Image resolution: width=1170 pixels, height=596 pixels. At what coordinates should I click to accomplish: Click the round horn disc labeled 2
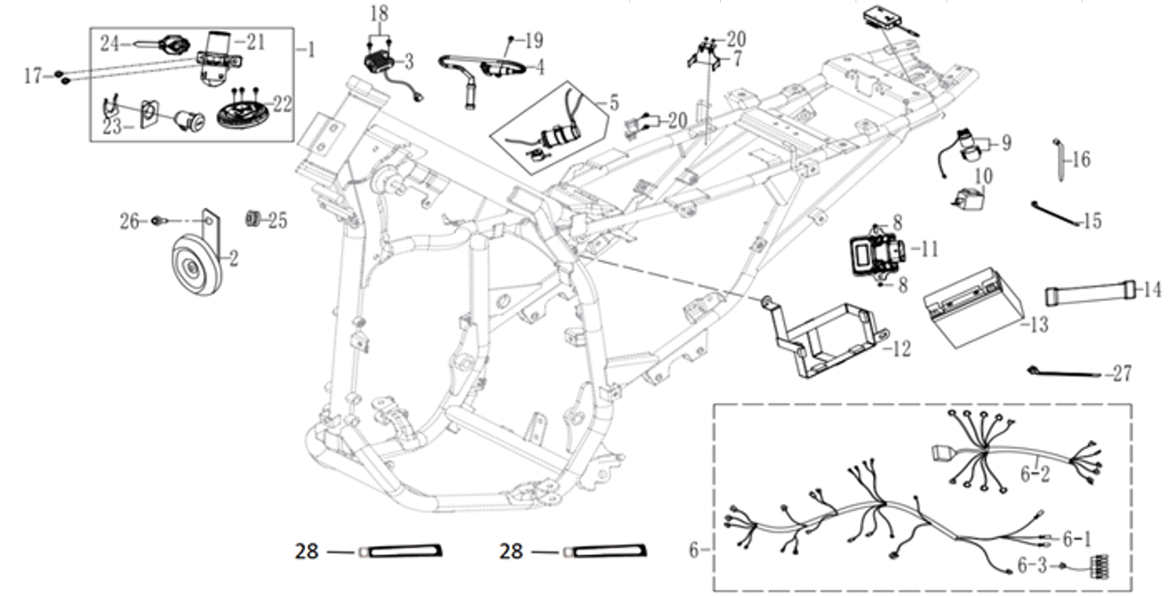click(x=196, y=265)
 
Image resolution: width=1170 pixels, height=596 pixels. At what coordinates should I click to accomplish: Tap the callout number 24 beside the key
click(x=110, y=45)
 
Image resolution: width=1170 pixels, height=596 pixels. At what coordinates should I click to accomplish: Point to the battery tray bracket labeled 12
click(x=825, y=337)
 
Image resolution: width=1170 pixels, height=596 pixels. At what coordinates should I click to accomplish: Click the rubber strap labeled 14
click(x=1090, y=294)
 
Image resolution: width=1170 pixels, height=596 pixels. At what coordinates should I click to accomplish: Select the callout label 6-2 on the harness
click(x=1035, y=474)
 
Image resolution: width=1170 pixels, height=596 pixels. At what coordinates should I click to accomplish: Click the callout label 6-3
click(x=1032, y=566)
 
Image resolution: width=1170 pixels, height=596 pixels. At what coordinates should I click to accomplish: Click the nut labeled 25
click(x=253, y=218)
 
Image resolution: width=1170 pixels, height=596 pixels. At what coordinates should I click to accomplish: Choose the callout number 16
click(x=1081, y=159)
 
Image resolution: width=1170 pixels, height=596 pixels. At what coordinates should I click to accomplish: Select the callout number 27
click(x=1122, y=374)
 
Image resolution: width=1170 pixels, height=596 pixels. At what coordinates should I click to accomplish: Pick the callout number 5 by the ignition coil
click(x=614, y=103)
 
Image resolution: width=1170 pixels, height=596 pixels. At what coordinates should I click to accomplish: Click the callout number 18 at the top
click(x=380, y=14)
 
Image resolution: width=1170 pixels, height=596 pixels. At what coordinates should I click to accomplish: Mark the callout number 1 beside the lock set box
click(x=311, y=50)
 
